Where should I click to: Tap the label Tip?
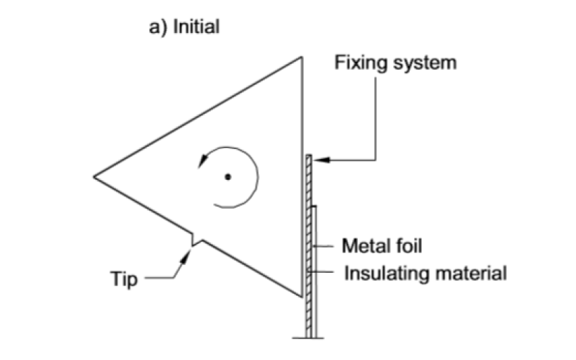(124, 277)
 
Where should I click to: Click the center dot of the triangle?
(228, 176)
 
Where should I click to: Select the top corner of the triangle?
(300, 56)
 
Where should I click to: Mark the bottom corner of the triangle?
(300, 296)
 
